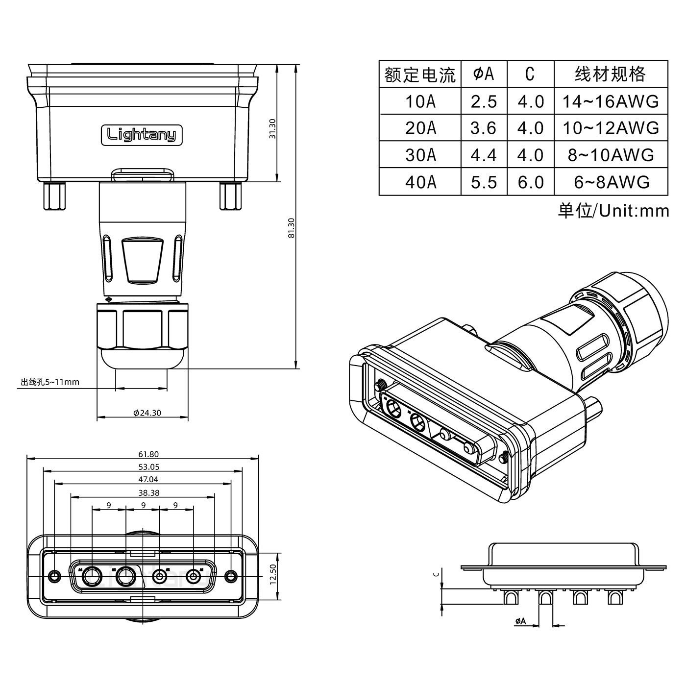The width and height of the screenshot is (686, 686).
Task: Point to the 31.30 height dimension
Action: (x=273, y=129)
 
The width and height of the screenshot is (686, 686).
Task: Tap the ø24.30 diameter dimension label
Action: (x=147, y=413)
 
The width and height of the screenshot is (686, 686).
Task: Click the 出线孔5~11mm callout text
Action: (x=49, y=382)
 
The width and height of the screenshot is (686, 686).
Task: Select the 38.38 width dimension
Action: (x=148, y=493)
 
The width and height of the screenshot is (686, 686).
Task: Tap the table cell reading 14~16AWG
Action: (x=610, y=101)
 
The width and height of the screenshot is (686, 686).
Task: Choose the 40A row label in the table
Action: (x=420, y=182)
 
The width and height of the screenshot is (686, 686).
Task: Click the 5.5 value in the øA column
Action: (x=484, y=182)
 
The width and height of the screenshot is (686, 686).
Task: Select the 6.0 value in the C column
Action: (x=531, y=182)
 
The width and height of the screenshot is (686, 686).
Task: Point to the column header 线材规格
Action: (x=610, y=74)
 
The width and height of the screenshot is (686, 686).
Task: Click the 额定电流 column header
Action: (x=420, y=74)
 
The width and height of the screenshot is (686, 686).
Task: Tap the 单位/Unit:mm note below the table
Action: (x=613, y=211)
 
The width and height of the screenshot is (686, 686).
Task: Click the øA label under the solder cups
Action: (x=520, y=621)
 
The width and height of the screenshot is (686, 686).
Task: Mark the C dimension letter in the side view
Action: (x=437, y=574)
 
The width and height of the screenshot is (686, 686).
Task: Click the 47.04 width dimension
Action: (x=148, y=480)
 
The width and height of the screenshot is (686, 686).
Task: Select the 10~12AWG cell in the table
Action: (x=610, y=128)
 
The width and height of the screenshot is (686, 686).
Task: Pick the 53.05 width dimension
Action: (x=148, y=467)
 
